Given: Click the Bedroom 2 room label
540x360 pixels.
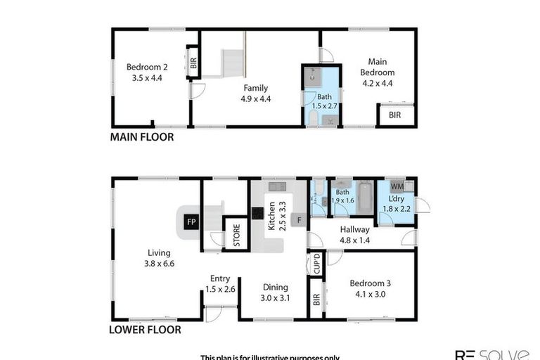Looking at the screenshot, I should pos(144,72).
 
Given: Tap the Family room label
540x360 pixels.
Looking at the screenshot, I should pos(256,93).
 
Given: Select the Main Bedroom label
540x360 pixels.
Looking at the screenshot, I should pos(378,72).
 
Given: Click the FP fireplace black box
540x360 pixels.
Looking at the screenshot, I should pos(191,222).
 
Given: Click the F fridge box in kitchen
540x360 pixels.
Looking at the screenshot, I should pos(298,220).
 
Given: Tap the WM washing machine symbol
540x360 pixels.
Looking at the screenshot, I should pos(397,187).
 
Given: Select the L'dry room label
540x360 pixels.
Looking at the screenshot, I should pos(394,204).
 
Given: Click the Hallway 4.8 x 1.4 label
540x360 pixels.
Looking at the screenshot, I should pos(355,235).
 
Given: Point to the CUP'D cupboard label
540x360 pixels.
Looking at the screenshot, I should pos(317,264).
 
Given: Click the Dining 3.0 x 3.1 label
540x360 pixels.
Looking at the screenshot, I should pos(275,292).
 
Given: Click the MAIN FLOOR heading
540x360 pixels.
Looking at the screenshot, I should pos(142,138).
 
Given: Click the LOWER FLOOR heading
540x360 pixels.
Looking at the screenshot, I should pos(146,329).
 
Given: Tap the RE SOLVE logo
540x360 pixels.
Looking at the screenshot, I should pos(491,354).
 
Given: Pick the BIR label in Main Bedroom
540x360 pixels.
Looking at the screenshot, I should pos(395,115).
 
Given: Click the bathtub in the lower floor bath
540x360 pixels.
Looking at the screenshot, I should pos(365,199).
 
